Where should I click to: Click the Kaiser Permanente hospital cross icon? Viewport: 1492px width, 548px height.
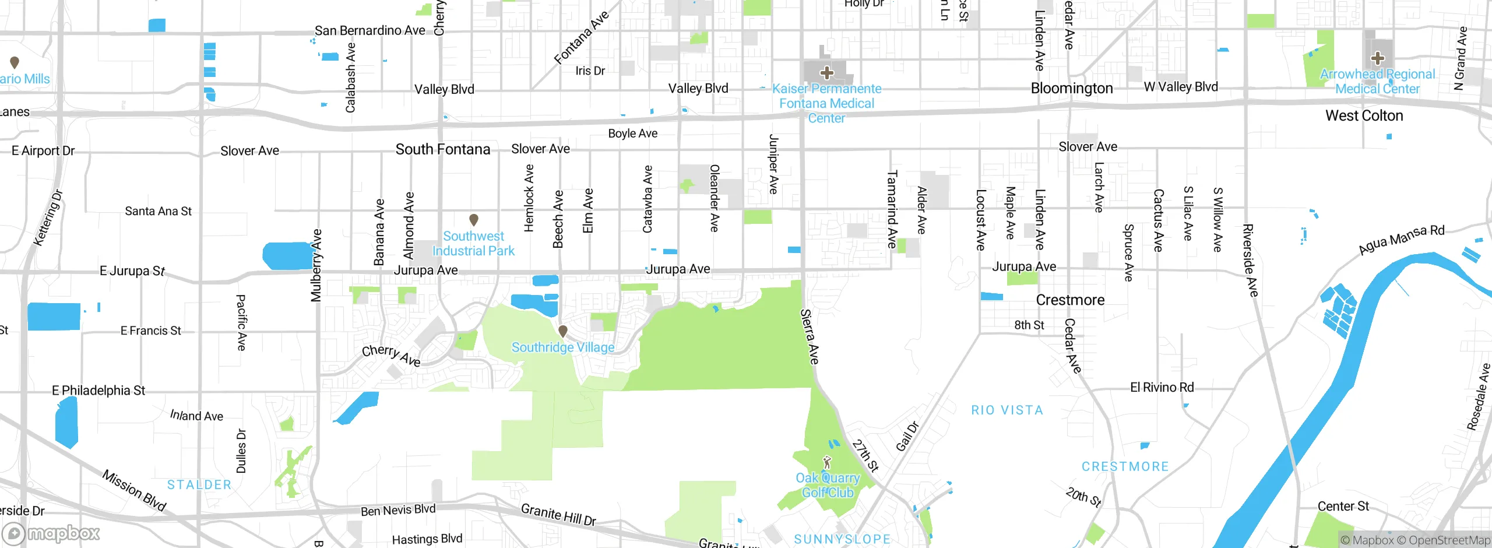tap(826, 73)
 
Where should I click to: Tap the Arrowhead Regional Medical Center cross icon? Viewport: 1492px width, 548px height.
tap(1378, 58)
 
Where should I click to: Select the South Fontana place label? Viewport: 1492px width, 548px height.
tap(443, 149)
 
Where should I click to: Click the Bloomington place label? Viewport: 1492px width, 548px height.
tap(1072, 88)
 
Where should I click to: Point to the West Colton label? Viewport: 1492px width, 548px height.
tap(1364, 115)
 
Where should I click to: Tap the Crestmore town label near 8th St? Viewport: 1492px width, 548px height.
tap(1070, 300)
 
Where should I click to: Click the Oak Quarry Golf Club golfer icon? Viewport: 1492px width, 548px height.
tap(826, 463)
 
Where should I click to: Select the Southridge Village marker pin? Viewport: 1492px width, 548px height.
tap(563, 331)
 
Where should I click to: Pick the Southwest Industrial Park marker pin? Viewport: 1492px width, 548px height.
tap(474, 220)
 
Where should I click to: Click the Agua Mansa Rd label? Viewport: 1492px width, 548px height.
tap(1401, 239)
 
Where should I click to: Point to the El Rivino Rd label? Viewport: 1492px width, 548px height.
tap(1162, 387)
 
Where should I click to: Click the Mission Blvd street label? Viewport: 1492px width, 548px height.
tap(134, 490)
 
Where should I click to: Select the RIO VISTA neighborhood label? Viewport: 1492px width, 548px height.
tap(1007, 410)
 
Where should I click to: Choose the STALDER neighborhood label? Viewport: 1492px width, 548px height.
tap(199, 484)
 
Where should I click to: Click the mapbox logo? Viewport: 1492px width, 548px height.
tap(51, 533)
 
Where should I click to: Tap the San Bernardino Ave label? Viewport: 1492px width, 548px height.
tap(370, 30)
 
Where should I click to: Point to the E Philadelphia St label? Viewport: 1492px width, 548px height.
tap(98, 390)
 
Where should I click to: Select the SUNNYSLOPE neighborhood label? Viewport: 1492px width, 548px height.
tap(842, 539)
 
